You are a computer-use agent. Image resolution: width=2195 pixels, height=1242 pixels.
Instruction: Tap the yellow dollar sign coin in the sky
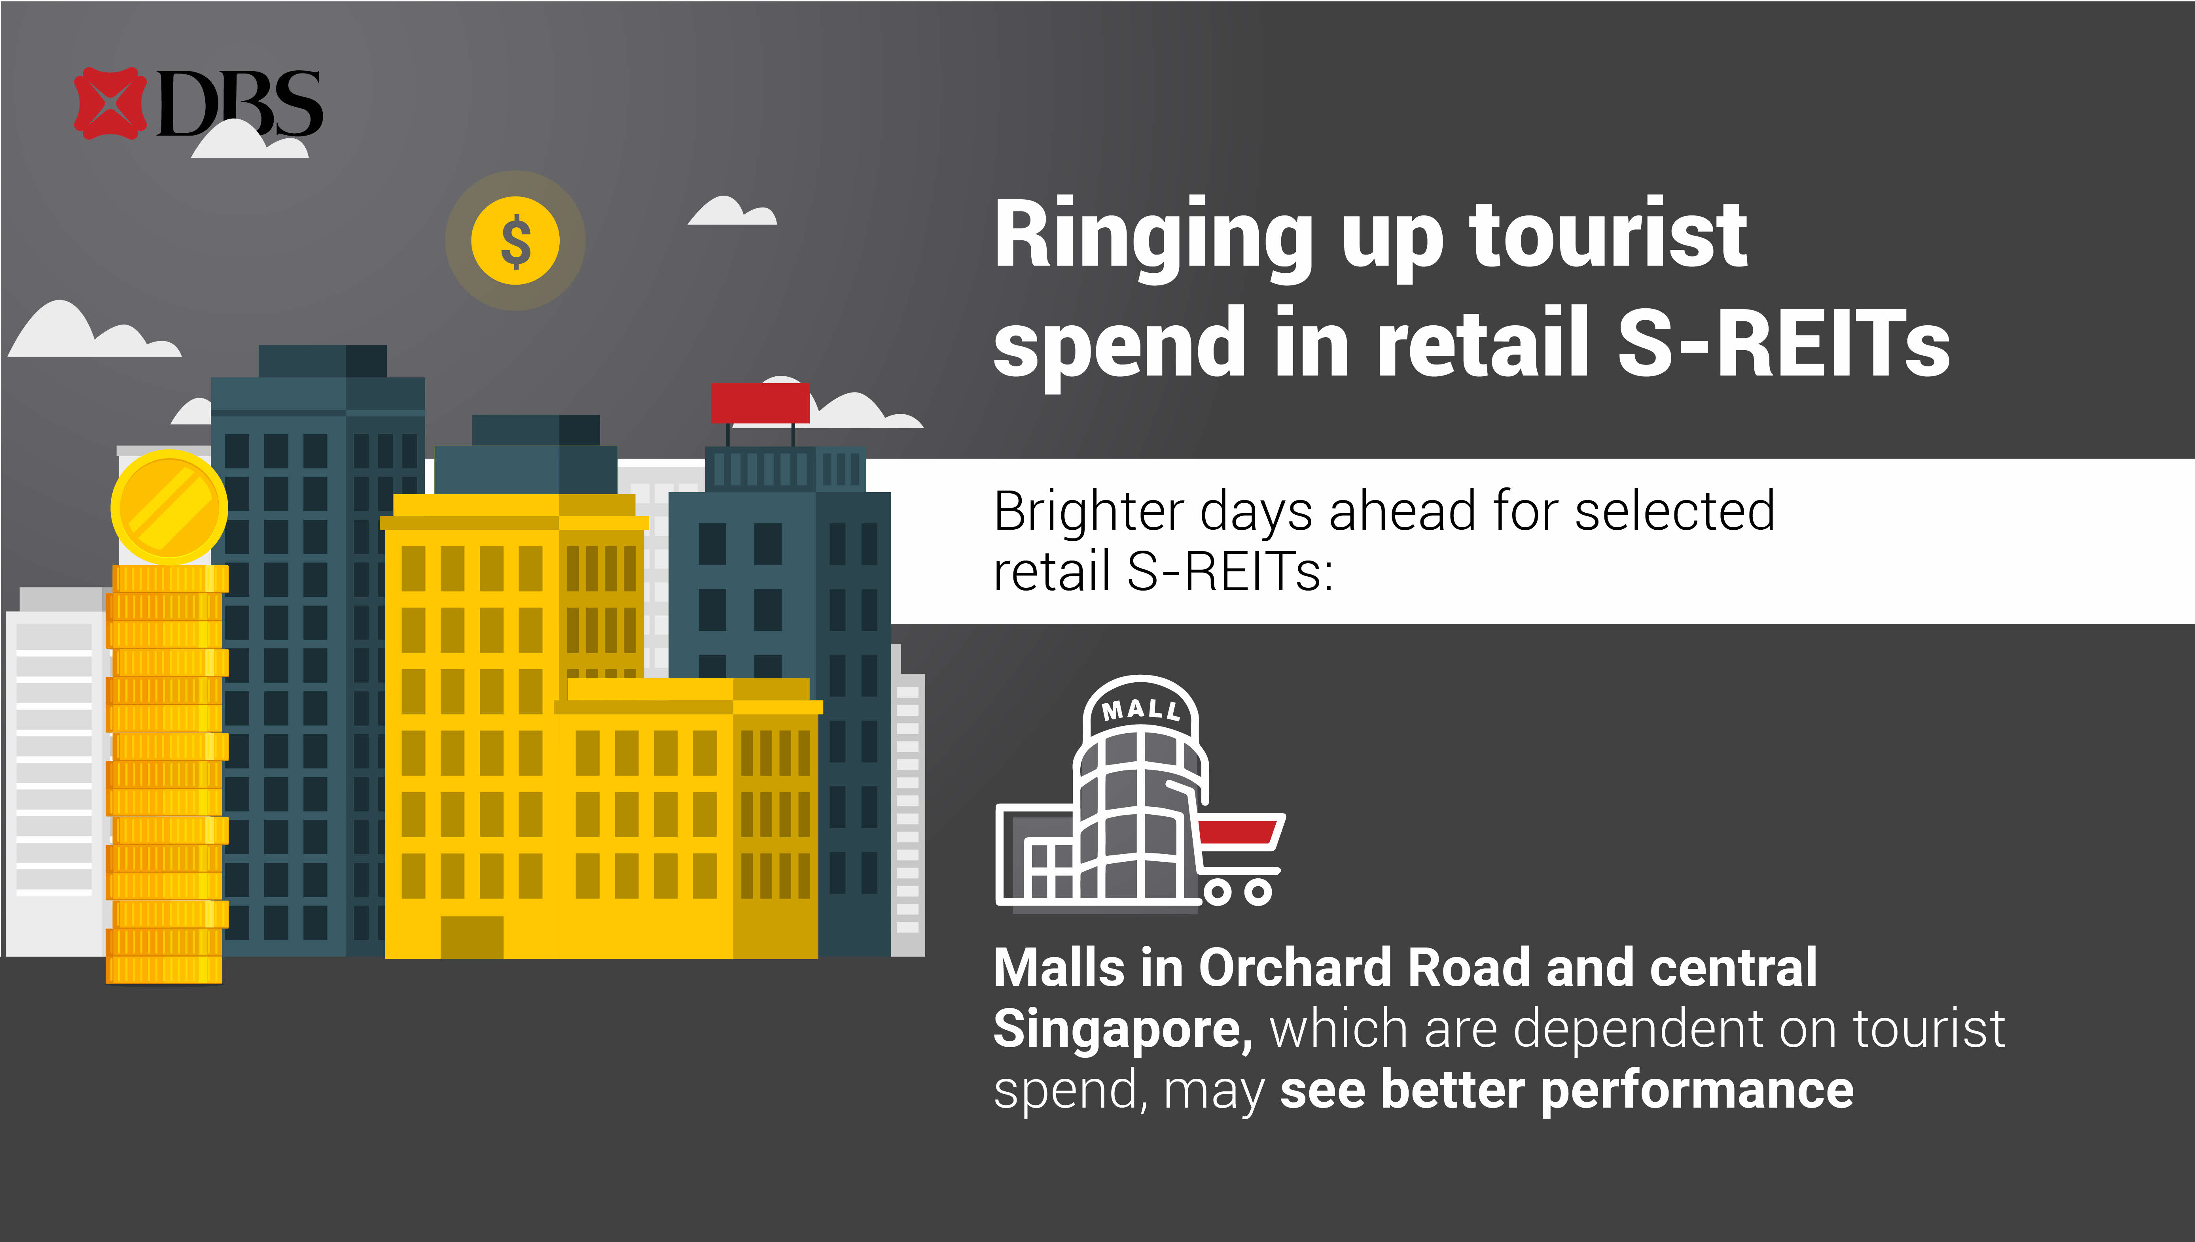click(515, 241)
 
